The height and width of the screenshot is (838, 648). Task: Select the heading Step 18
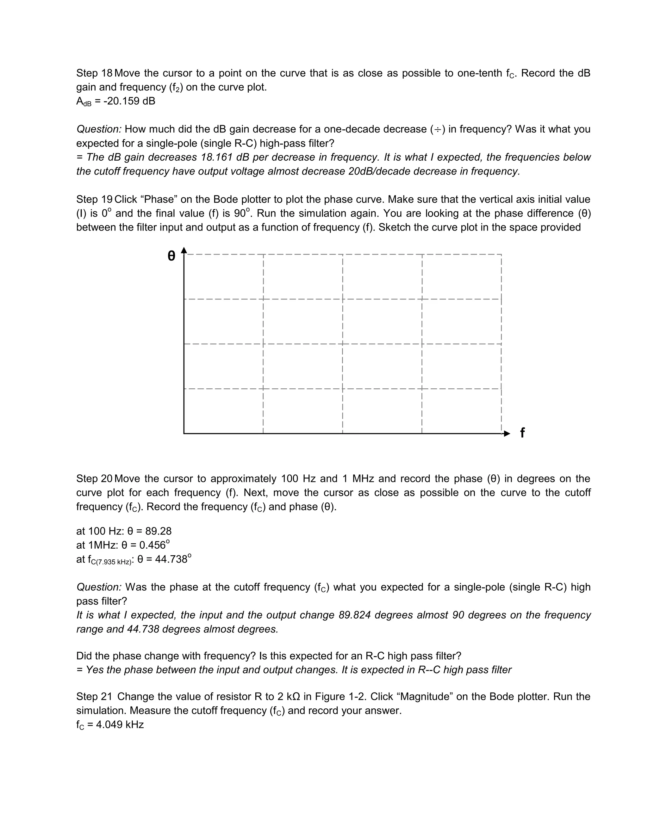click(94, 73)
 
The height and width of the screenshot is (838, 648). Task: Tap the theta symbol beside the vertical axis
click(171, 256)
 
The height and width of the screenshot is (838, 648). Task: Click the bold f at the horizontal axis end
click(522, 433)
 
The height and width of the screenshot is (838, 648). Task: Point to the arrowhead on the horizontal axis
click(507, 434)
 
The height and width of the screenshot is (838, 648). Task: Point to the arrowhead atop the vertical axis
click(184, 250)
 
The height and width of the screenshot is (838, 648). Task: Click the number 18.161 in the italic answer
click(217, 157)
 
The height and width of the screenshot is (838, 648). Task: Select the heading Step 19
click(94, 199)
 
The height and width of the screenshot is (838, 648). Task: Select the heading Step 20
click(94, 478)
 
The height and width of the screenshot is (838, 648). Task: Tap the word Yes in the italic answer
click(93, 670)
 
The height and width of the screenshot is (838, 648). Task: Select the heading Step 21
click(94, 696)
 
